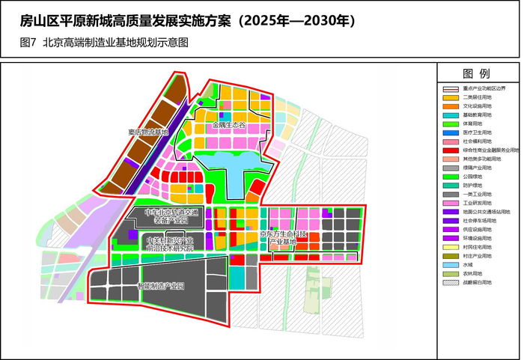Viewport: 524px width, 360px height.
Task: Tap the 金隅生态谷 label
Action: tap(228, 125)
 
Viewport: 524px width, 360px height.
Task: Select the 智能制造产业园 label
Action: tap(160, 285)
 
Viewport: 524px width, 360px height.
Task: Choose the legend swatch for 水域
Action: tap(451, 266)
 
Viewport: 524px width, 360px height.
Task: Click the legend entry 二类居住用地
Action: tap(478, 97)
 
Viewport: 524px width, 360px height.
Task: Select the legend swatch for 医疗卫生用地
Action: tap(451, 132)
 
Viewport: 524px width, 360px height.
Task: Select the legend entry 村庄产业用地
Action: tap(478, 257)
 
